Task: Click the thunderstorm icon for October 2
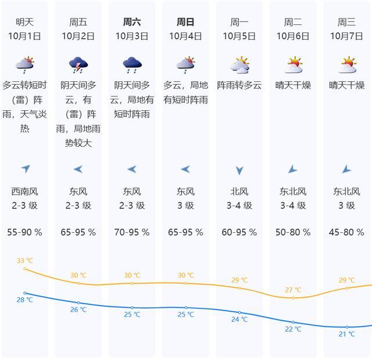pyautogui.click(x=78, y=64)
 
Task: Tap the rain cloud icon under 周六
pyautogui.click(x=132, y=64)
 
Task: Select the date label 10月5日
pyautogui.click(x=239, y=36)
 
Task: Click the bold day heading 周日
pyautogui.click(x=185, y=22)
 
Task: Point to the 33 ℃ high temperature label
pyautogui.click(x=24, y=261)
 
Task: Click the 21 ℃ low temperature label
pyautogui.click(x=347, y=334)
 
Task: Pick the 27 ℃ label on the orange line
pyautogui.click(x=293, y=290)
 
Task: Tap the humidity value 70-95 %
pyautogui.click(x=132, y=232)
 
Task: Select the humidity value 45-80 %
pyautogui.click(x=346, y=232)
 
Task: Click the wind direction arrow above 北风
pyautogui.click(x=239, y=170)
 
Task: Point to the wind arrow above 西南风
pyautogui.click(x=26, y=168)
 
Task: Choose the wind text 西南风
pyautogui.click(x=24, y=192)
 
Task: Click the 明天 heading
pyautogui.click(x=24, y=22)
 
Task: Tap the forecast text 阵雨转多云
pyautogui.click(x=239, y=85)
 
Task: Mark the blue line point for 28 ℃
pyautogui.click(x=25, y=293)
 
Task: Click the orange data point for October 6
pyautogui.click(x=293, y=298)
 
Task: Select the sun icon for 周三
pyautogui.click(x=348, y=64)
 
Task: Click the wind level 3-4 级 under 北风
pyautogui.click(x=239, y=206)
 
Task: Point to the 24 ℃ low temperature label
pyautogui.click(x=239, y=319)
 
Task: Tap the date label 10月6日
pyautogui.click(x=293, y=36)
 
